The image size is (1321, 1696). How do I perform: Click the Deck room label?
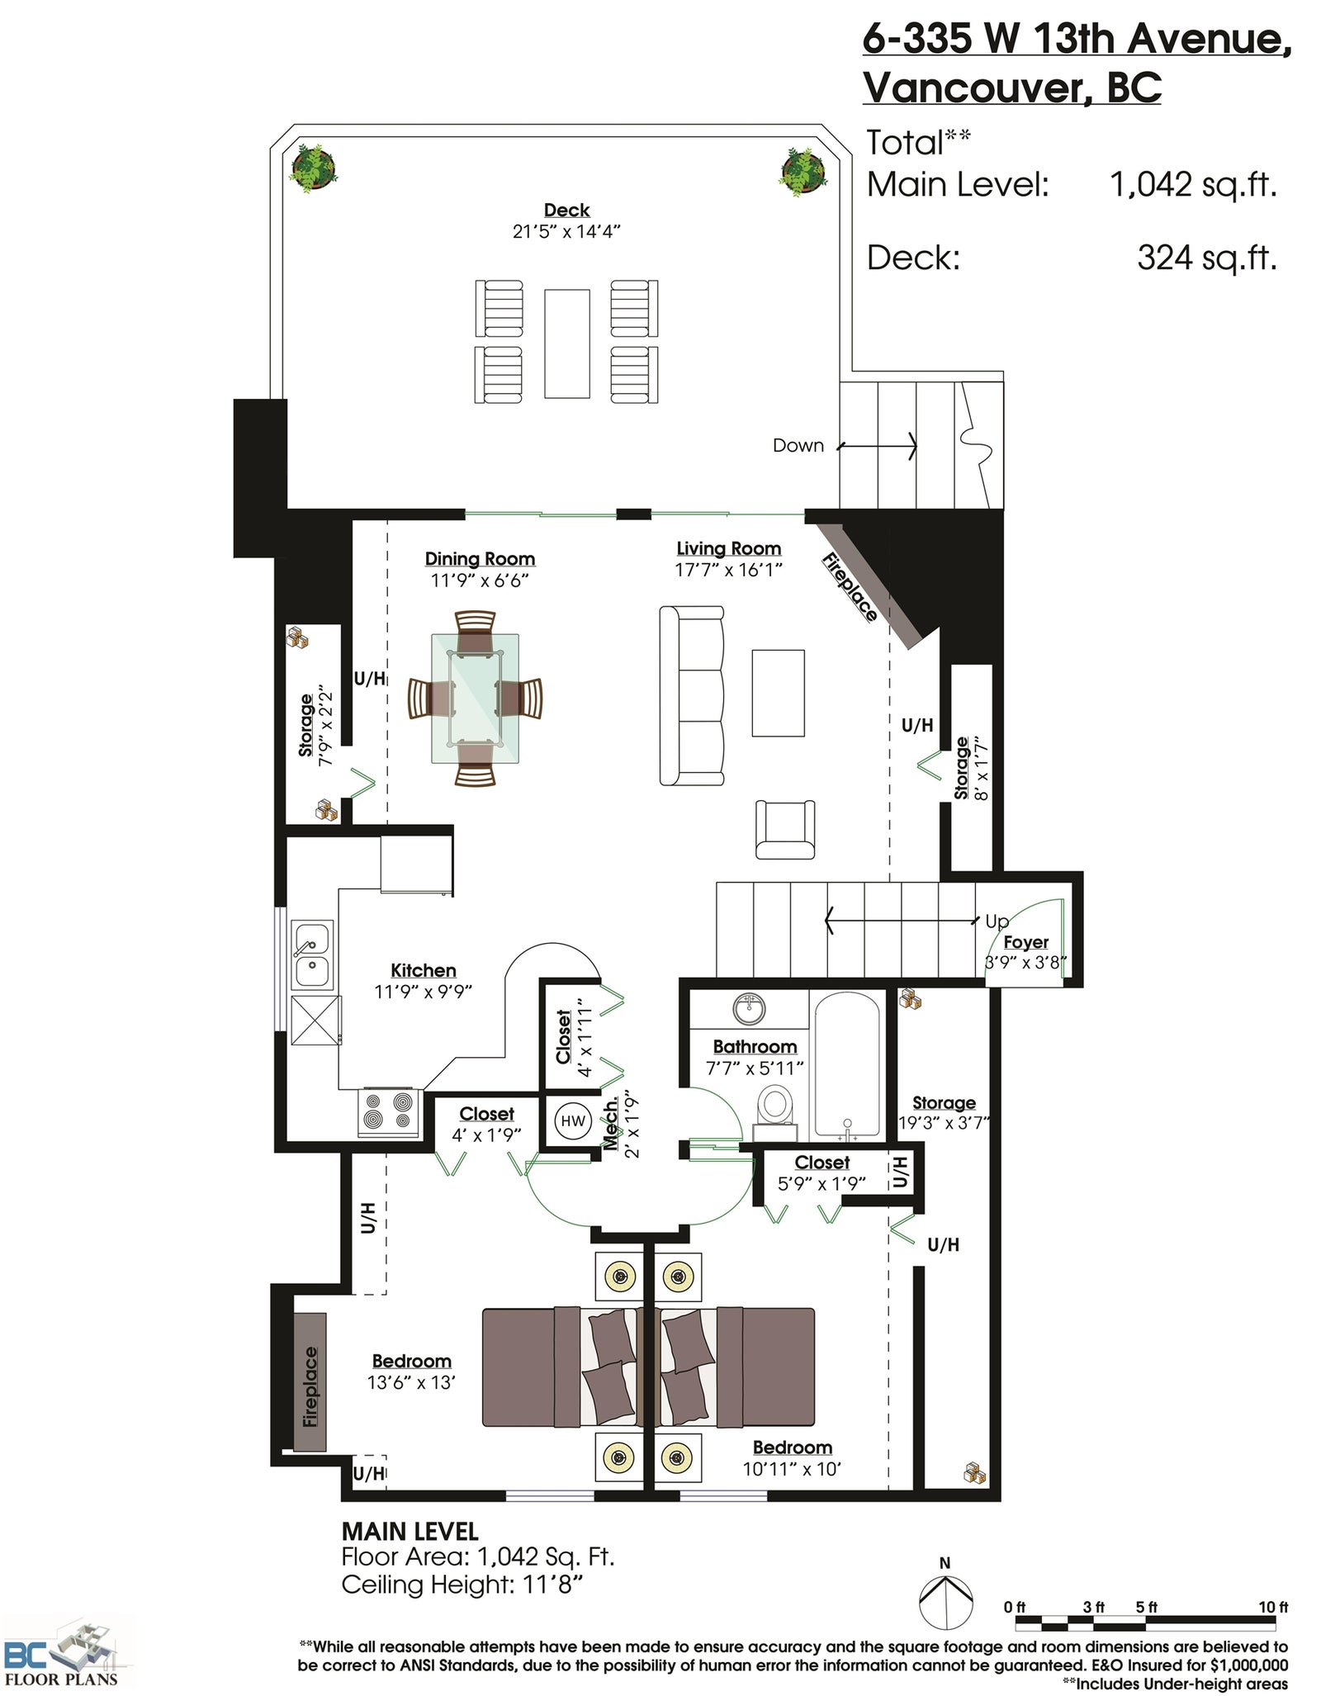(566, 210)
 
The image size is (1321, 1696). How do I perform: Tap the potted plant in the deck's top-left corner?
(313, 168)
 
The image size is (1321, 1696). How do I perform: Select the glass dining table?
(475, 698)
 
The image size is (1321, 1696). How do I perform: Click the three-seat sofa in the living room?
(692, 695)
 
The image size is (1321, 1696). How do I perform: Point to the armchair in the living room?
(785, 830)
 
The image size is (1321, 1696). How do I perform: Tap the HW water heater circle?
(573, 1120)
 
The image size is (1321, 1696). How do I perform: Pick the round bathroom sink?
(749, 1008)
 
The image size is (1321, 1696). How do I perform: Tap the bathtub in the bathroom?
(847, 1064)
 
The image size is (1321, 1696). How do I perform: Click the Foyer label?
(1025, 942)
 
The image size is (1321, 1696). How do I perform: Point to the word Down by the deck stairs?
(798, 446)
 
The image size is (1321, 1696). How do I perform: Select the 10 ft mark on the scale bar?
(1272, 1607)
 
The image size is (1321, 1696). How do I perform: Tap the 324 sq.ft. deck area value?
(1207, 258)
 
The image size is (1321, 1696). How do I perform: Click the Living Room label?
(728, 548)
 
